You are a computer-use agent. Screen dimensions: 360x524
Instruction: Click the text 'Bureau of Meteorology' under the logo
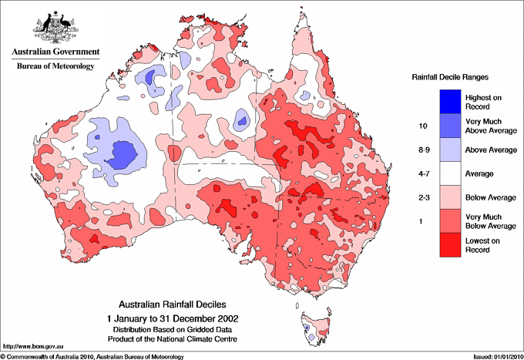click(55, 66)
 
